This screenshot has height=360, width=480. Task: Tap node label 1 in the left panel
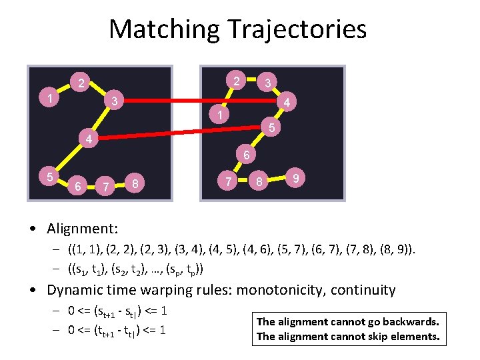pyautogui.click(x=50, y=99)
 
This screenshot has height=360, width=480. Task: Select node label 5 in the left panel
pyautogui.click(x=49, y=177)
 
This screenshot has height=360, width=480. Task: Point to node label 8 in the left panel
pyautogui.click(x=136, y=183)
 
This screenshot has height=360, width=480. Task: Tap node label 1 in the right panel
pyautogui.click(x=218, y=115)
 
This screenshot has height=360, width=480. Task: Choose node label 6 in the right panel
pyautogui.click(x=246, y=156)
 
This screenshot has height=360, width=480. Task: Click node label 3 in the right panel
pyautogui.click(x=267, y=83)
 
